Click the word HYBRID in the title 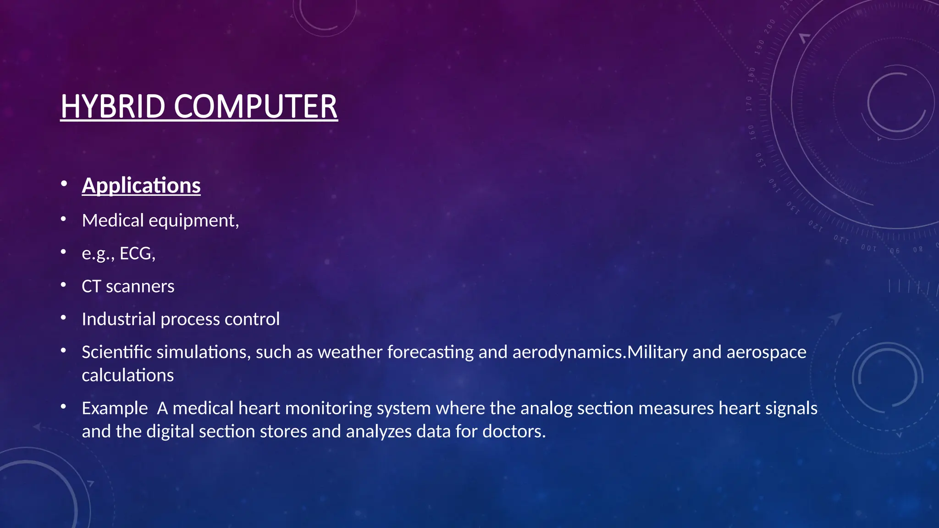[113, 106]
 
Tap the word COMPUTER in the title [255, 106]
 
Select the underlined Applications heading [141, 186]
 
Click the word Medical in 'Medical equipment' [113, 220]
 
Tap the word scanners [140, 286]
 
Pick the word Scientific [116, 352]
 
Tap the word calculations [127, 375]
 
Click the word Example [115, 408]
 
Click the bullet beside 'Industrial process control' [64, 318]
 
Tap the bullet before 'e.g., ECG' [64, 252]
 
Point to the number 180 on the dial [751, 75]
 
